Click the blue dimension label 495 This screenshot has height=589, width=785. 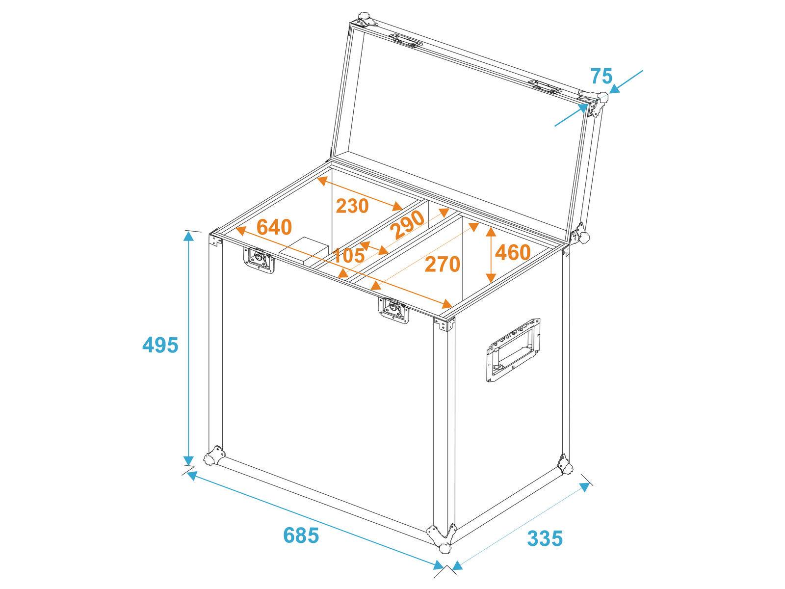point(160,345)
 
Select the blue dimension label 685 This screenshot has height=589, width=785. point(301,521)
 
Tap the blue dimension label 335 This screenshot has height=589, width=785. point(545,525)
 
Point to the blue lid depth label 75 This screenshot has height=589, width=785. point(602,77)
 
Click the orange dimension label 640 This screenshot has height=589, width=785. point(274,227)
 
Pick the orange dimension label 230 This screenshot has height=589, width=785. point(352,206)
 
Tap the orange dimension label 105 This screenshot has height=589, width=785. point(348,256)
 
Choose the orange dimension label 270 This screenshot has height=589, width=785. point(443,264)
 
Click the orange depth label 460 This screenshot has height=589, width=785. point(513,252)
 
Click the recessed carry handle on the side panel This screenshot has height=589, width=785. point(512,349)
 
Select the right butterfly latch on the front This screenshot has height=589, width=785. point(394,310)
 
